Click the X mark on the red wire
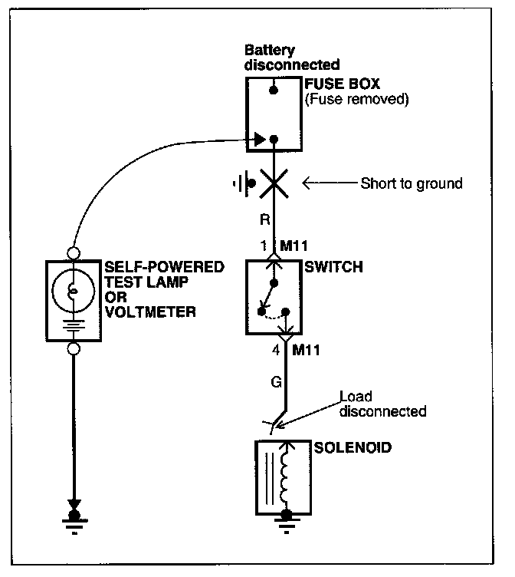(274, 184)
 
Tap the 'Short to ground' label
(412, 184)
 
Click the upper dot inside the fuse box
(273, 91)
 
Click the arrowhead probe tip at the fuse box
(261, 140)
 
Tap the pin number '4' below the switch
(276, 351)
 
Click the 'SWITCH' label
(334, 268)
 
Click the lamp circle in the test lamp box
(73, 289)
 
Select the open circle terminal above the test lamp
(74, 252)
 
